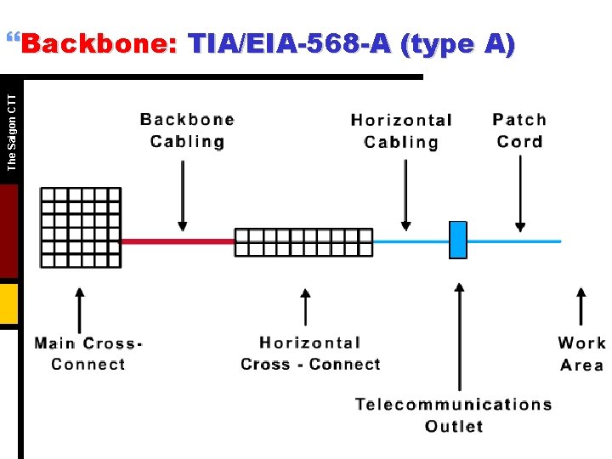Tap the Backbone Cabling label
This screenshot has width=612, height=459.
[x=187, y=130]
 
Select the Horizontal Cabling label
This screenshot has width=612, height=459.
[x=401, y=131]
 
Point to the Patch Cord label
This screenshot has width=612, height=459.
[x=519, y=130]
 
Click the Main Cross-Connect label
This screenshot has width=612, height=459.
[x=88, y=354]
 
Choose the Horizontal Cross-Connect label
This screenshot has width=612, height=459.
[x=310, y=354]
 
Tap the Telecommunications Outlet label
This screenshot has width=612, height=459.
[x=454, y=415]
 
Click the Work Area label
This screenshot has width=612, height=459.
[x=582, y=354]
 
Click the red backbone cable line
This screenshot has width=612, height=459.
[x=178, y=241]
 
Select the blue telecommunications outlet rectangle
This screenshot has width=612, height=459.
[x=458, y=240]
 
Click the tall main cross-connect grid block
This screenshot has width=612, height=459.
[x=81, y=227]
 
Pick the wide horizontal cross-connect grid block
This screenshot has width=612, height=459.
[x=303, y=242]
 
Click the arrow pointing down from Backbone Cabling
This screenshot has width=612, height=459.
[x=182, y=195]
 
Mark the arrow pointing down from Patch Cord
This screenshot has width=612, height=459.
[x=520, y=195]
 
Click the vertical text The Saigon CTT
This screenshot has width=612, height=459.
[x=11, y=132]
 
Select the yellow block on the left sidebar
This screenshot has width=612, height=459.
[x=8, y=303]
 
